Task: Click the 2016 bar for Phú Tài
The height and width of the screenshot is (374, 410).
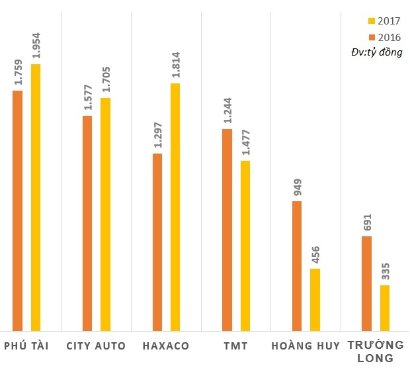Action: coord(18,210)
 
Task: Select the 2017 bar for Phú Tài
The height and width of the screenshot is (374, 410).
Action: coord(36,197)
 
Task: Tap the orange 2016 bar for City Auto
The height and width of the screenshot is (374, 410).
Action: coord(87,222)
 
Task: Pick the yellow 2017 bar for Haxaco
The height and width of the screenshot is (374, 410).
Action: coord(175,207)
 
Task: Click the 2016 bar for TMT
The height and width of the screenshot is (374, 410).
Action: coord(227,229)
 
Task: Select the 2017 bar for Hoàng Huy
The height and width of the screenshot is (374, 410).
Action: coord(315,299)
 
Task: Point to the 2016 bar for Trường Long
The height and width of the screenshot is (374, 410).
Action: coord(366,283)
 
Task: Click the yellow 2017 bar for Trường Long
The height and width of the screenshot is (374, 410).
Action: coord(384,307)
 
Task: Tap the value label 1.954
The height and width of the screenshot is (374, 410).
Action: coord(36,46)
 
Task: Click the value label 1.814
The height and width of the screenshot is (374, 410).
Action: coord(176,65)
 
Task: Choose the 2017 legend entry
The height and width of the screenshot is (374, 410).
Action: coord(384,21)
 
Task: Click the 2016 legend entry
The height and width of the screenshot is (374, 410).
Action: coord(384,37)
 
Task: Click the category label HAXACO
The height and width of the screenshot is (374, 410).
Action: coord(166,346)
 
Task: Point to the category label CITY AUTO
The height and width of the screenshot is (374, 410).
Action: coord(97,346)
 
